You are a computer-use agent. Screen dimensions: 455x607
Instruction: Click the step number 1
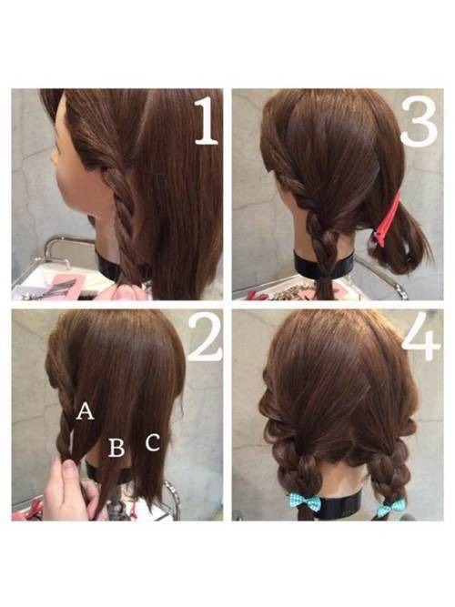click(207, 122)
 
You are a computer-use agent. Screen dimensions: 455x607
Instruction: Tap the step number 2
click(205, 338)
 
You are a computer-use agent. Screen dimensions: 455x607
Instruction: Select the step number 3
click(420, 122)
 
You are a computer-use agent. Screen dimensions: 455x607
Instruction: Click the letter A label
click(85, 411)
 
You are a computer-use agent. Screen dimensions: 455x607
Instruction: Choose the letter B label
click(116, 447)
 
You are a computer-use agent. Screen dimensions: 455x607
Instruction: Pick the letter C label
click(153, 442)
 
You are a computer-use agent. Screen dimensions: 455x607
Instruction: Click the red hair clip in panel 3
click(387, 219)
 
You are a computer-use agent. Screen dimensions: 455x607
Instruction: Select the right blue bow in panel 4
click(391, 507)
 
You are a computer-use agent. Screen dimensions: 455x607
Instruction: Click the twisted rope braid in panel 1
click(122, 217)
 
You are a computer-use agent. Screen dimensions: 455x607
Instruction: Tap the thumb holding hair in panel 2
click(69, 472)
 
